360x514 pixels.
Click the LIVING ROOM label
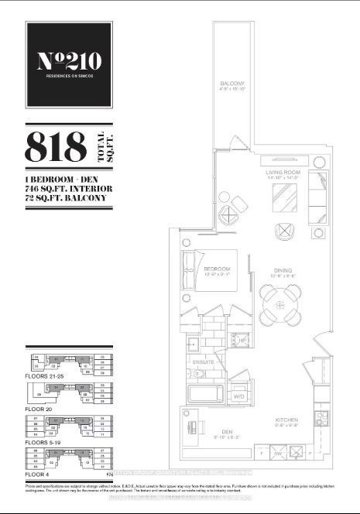283,173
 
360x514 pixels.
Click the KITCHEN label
287,421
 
